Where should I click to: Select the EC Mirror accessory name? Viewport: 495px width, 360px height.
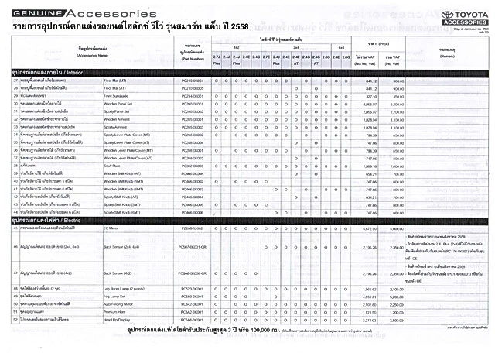(111, 229)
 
